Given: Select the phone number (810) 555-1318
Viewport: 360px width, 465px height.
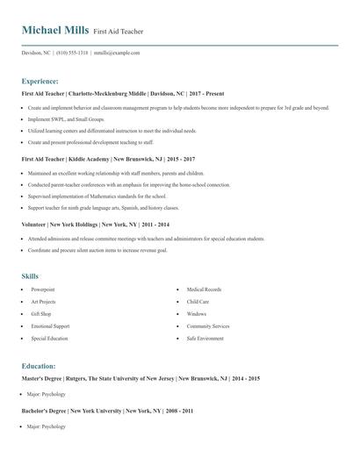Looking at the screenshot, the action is tap(74, 53).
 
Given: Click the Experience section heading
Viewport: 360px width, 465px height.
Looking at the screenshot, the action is tap(40, 81).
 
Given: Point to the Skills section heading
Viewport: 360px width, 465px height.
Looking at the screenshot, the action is tap(30, 276).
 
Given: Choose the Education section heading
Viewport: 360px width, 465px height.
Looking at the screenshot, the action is tap(39, 366).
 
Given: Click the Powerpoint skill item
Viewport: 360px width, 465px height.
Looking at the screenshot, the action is tap(43, 290).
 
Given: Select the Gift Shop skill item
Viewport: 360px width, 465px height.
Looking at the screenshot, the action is tap(41, 313).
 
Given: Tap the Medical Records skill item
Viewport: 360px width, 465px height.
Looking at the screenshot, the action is tap(204, 290).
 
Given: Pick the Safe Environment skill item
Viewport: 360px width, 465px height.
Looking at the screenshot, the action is tap(205, 338).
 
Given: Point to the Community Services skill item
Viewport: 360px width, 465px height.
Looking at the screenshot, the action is tap(207, 325).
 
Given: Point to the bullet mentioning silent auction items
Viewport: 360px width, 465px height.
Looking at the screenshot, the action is tap(110, 249).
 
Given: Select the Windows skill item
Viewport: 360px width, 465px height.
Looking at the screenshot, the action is tap(197, 313).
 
